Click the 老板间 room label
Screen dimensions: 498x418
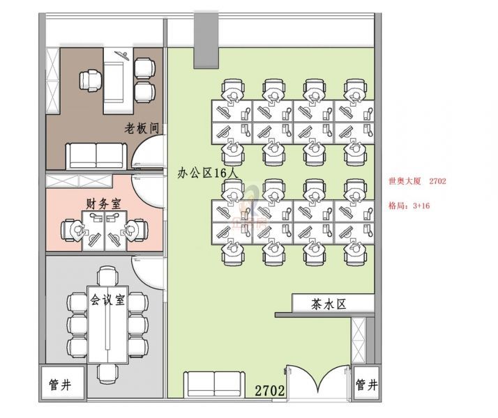pyautogui.click(x=142, y=128)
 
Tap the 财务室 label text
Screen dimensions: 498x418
pyautogui.click(x=103, y=203)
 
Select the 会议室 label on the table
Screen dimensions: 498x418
pyautogui.click(x=107, y=300)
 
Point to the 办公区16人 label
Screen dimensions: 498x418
pyautogui.click(x=207, y=173)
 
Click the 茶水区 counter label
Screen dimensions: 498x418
pyautogui.click(x=329, y=304)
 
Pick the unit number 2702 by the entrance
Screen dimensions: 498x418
pyautogui.click(x=270, y=390)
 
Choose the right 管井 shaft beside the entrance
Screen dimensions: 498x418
pyautogui.click(x=367, y=385)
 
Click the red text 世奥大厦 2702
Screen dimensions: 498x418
pyautogui.click(x=417, y=181)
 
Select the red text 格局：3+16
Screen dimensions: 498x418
pyautogui.click(x=409, y=206)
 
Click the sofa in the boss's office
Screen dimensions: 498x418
pyautogui.click(x=96, y=156)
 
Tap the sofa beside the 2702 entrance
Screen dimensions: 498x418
pyautogui.click(x=214, y=385)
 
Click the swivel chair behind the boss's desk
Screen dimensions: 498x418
pyautogui.click(x=91, y=81)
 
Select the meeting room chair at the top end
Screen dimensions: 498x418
pyautogui.click(x=107, y=276)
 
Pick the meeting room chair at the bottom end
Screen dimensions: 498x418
pyautogui.click(x=107, y=374)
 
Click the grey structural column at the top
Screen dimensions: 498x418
pyautogui.click(x=206, y=40)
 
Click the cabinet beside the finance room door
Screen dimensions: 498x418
pyautogui.click(x=79, y=181)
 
